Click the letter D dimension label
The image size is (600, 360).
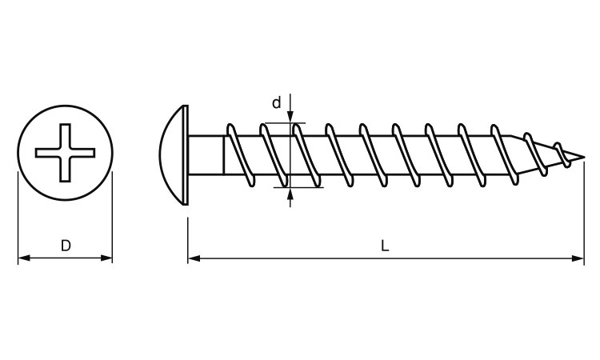(x=66, y=246)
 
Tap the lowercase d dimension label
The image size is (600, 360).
(x=276, y=102)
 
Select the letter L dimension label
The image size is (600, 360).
(x=385, y=246)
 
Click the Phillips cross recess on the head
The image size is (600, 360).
(x=65, y=153)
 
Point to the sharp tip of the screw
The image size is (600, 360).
(x=584, y=157)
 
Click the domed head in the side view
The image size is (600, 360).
(x=172, y=155)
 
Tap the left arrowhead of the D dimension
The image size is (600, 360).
(x=24, y=258)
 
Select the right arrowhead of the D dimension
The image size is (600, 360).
(x=106, y=258)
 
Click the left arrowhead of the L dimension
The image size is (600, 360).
(x=194, y=258)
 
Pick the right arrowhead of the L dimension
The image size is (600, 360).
(x=578, y=258)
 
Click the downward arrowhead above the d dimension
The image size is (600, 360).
(x=290, y=117)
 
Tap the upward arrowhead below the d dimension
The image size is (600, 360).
(x=290, y=194)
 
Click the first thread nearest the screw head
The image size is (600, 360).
(x=240, y=155)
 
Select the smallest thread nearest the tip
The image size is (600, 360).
(x=562, y=154)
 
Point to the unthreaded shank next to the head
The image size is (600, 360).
(x=206, y=155)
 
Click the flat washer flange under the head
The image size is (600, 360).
(x=186, y=155)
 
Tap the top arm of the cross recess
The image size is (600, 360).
(x=65, y=136)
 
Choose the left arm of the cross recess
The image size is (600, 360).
(x=47, y=153)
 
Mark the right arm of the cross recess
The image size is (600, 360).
(x=82, y=153)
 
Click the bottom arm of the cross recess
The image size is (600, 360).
(x=65, y=170)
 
